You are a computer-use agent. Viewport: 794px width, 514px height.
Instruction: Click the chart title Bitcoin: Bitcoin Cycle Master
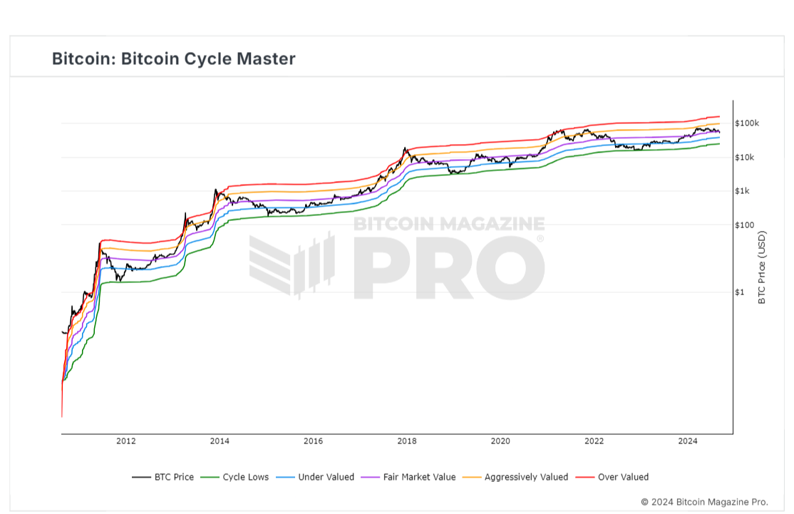pos(173,58)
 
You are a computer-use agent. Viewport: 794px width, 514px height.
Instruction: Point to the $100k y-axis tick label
pos(748,123)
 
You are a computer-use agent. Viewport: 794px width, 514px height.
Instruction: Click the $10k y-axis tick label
pos(747,158)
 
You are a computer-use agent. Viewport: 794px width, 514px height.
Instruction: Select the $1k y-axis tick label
pos(745,191)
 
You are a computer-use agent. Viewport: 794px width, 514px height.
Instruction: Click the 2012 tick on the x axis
pos(126,441)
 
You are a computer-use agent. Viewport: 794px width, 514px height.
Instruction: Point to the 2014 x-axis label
pos(220,441)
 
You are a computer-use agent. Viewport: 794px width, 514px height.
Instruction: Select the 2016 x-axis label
pos(313,441)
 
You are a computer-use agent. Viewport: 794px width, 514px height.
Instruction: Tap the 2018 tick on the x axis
pos(407,441)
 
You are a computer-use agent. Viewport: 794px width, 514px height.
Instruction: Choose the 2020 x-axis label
pos(500,441)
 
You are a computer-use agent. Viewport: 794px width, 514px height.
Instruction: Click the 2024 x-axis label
pos(688,441)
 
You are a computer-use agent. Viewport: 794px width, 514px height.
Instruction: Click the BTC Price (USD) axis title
pos(761,267)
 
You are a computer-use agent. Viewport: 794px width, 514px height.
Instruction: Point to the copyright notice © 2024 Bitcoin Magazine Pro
pos(704,502)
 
